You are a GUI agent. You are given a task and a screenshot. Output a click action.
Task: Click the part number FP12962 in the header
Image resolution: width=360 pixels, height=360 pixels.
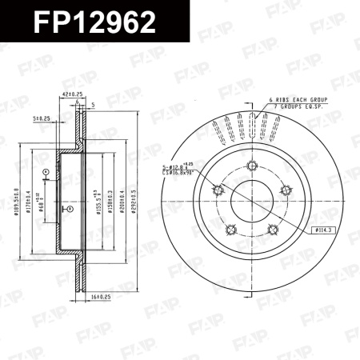94,22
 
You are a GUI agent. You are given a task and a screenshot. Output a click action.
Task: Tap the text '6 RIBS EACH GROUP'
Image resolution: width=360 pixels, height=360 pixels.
298,101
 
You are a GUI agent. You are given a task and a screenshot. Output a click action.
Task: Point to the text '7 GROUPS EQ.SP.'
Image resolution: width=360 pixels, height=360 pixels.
297,106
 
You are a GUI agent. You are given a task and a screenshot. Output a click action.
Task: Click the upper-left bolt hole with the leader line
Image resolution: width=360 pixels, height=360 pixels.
218,190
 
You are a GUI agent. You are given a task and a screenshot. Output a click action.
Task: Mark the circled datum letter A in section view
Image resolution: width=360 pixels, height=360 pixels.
46,172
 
